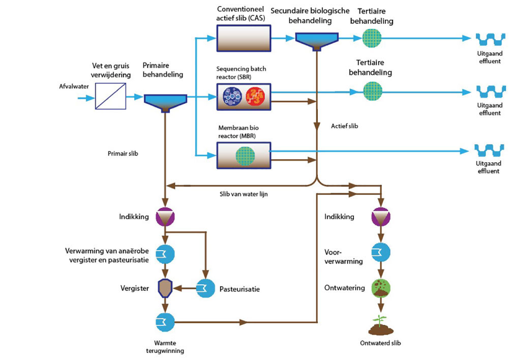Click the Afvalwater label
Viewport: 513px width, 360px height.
click(x=74, y=86)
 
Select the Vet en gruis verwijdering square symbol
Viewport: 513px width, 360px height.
click(x=111, y=96)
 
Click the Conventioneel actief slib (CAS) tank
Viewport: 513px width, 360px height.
click(x=244, y=38)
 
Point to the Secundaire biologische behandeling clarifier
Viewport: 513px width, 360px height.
click(x=318, y=40)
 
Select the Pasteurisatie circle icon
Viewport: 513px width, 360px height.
click(x=206, y=288)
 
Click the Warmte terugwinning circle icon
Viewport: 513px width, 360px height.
click(x=165, y=322)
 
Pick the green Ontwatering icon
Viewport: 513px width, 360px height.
click(x=381, y=288)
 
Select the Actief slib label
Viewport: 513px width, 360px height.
click(x=344, y=125)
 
